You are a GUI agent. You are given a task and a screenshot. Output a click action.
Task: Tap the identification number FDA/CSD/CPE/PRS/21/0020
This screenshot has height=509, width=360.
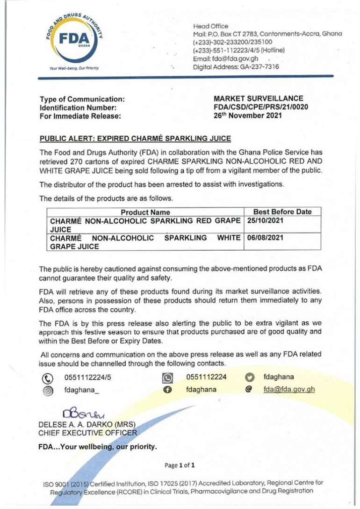pyautogui.click(x=260, y=107)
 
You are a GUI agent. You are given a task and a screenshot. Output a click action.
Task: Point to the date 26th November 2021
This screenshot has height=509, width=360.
pyautogui.click(x=248, y=116)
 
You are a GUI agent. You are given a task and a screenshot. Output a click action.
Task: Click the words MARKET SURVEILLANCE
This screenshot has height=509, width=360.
pyautogui.click(x=258, y=99)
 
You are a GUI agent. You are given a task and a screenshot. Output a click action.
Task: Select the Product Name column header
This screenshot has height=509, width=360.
pyautogui.click(x=145, y=212)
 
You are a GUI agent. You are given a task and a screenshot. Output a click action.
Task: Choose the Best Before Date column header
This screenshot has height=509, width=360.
pyautogui.click(x=282, y=211)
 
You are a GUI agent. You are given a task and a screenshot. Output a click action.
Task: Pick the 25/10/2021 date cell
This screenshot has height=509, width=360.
pyautogui.click(x=265, y=220)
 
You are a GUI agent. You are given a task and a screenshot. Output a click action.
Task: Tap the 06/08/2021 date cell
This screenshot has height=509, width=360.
pyautogui.click(x=265, y=238)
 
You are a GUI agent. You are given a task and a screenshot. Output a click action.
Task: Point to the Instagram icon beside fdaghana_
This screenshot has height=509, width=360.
pyautogui.click(x=48, y=390)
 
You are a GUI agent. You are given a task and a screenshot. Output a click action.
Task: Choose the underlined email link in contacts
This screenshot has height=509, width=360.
pyautogui.click(x=289, y=389)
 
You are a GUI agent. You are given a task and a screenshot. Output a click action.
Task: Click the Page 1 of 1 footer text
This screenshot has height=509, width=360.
pyautogui.click(x=180, y=465)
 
